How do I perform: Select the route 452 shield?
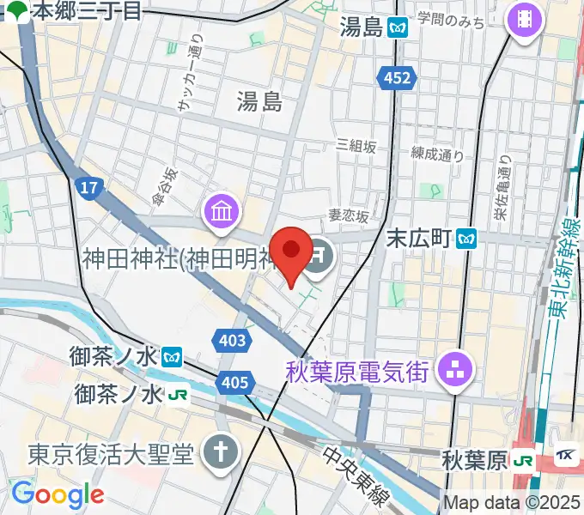(397, 78)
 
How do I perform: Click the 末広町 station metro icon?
(467, 236)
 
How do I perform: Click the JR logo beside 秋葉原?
(521, 460)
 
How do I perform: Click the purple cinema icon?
(523, 17)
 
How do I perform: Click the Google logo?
(58, 494)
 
